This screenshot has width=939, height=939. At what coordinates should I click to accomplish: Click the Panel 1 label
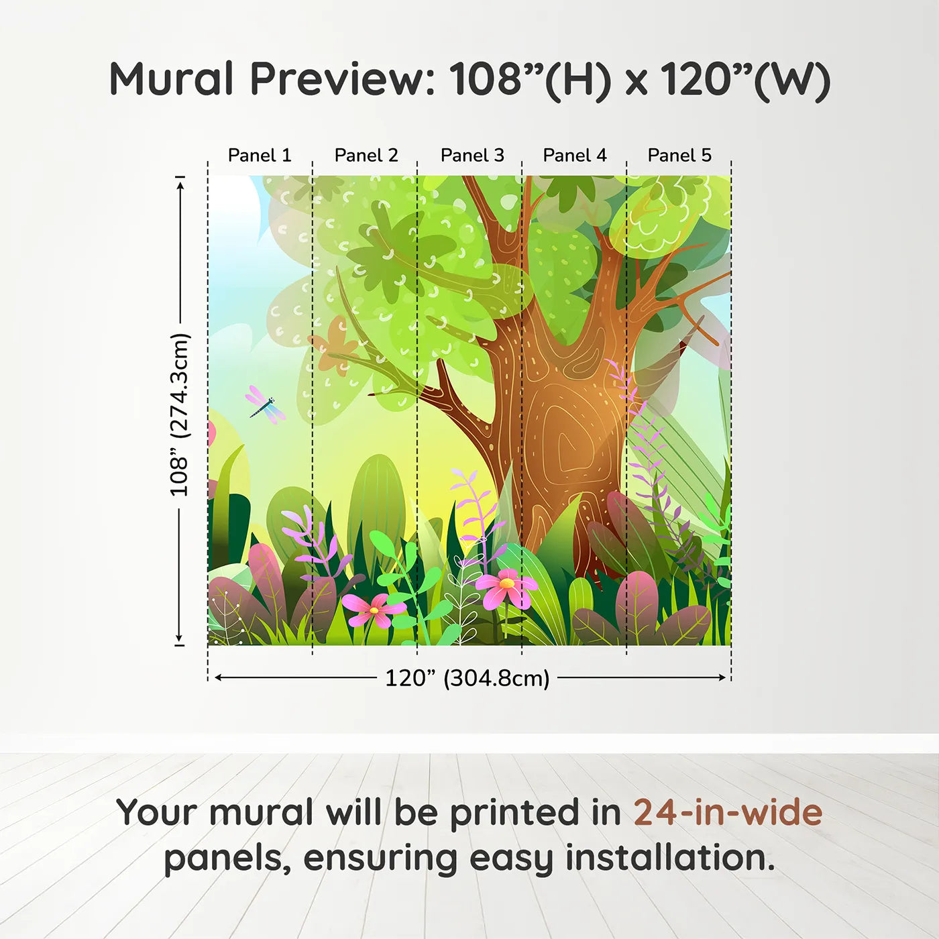(x=260, y=156)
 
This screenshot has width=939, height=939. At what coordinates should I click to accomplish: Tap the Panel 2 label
(x=366, y=156)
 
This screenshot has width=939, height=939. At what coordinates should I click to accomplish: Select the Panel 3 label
(x=472, y=156)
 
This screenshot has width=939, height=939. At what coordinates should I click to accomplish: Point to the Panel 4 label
(x=575, y=156)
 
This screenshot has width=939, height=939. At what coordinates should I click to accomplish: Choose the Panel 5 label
(x=679, y=156)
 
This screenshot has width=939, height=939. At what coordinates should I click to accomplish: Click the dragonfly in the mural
(x=266, y=405)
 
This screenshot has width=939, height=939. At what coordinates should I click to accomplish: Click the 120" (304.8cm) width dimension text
(x=467, y=678)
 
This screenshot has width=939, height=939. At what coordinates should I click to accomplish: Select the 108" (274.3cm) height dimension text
(x=180, y=415)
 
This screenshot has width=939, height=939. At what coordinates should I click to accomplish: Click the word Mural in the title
(x=171, y=79)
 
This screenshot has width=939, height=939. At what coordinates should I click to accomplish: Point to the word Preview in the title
(x=343, y=79)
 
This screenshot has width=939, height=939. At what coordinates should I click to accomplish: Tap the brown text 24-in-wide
(x=728, y=813)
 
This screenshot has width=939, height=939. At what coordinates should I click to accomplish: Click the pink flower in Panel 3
(x=506, y=587)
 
